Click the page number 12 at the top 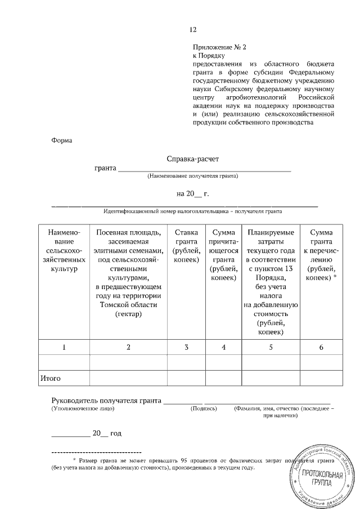[193, 29]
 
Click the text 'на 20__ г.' [192, 193]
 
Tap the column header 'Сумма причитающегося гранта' [223, 255]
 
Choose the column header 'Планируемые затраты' [271, 282]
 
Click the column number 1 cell [64, 348]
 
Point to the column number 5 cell [271, 348]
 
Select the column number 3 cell [186, 348]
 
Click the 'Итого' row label [50, 379]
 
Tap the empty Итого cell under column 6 [321, 379]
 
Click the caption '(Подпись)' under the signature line [204, 408]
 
